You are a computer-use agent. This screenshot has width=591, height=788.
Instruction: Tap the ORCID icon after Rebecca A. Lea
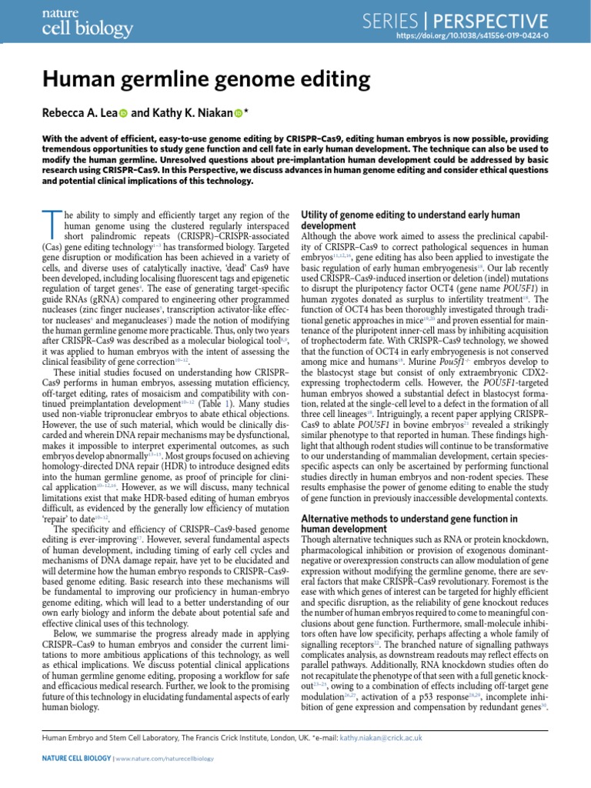[124, 114]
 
